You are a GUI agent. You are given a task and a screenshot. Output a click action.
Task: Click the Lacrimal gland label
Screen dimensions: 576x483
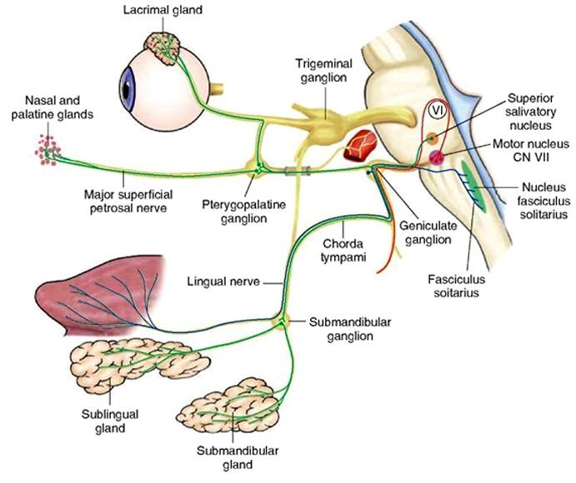point(163,9)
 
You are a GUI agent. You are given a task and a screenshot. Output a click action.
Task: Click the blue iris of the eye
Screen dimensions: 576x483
point(127,89)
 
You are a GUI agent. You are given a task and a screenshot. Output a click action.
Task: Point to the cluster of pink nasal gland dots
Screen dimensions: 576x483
point(48,150)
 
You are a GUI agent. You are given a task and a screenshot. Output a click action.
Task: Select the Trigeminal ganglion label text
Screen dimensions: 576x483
point(323,71)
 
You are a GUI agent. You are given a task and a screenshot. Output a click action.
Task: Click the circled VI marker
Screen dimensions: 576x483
point(438,110)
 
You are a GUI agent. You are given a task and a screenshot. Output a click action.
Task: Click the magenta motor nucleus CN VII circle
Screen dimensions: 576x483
point(437,157)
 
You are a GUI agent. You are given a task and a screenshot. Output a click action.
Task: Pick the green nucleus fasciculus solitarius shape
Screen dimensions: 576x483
point(473,186)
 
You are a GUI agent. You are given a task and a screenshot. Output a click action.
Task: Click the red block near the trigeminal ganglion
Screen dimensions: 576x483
point(361,146)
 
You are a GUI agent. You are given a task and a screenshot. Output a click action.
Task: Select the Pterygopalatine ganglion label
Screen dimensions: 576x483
point(243,212)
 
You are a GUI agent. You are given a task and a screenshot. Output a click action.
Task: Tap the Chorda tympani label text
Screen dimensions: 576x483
point(343,251)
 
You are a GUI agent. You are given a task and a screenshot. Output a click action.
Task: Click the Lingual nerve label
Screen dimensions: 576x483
point(223,281)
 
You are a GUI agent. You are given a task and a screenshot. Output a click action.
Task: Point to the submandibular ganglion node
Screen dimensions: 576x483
point(282,322)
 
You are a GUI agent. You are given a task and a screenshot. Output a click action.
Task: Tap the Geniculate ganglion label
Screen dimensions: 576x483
point(428,232)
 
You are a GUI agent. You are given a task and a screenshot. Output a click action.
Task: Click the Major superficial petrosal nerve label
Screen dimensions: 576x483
point(128,201)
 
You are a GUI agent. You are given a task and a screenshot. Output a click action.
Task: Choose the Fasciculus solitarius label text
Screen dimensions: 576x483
point(456,286)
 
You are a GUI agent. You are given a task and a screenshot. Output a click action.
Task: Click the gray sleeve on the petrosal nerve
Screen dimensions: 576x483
point(298,170)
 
